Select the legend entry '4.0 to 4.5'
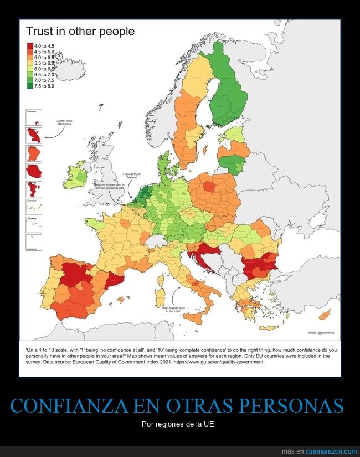click(44, 45)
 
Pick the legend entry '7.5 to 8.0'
click(44, 86)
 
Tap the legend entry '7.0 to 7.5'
click(44, 80)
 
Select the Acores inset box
click(35, 224)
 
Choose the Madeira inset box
click(35, 243)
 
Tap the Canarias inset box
click(35, 206)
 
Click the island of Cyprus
click(325, 314)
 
